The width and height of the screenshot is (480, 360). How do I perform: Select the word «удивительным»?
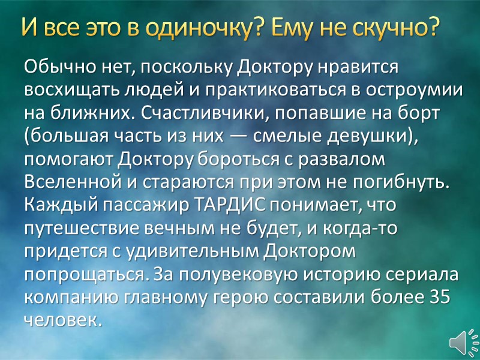179,250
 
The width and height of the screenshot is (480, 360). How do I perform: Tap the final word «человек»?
60,319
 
